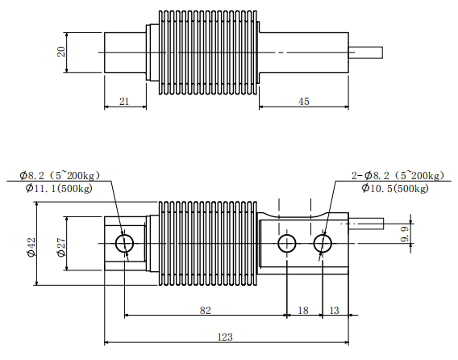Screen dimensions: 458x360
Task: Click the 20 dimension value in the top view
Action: (61, 52)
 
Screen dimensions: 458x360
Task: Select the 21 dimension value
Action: (124, 101)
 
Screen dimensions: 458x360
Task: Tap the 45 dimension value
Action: (303, 101)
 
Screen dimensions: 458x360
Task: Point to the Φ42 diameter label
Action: (31, 248)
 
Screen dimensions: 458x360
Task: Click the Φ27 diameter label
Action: (61, 248)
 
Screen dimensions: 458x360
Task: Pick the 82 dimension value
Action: (205, 310)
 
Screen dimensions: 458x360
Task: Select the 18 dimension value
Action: (303, 310)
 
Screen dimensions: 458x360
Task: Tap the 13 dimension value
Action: (334, 310)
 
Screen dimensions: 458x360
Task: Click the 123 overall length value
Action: (225, 337)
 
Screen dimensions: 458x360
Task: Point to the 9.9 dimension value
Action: (405, 235)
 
